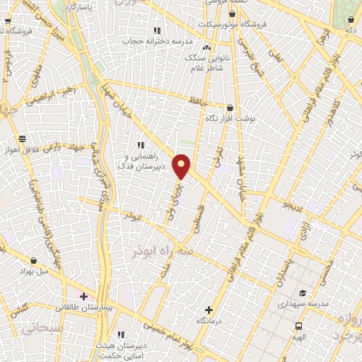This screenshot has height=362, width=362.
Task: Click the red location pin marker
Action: (182, 165)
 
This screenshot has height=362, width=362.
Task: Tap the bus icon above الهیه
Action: (299, 326)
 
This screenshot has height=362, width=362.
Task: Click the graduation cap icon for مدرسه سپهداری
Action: (303, 293)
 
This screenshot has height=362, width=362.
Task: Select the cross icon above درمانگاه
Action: (209, 309)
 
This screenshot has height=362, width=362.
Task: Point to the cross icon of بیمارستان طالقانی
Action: (84, 296)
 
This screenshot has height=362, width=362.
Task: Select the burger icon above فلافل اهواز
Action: (23, 139)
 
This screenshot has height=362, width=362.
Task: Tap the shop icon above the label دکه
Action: (351, 21)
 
